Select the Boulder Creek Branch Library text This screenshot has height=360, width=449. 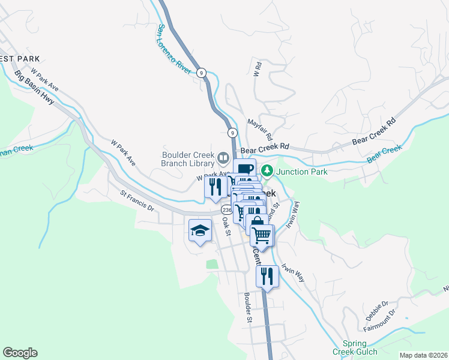click(188, 158)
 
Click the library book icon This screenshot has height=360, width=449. click(223, 158)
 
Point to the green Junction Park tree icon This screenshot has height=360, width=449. click(267, 172)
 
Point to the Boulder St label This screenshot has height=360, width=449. click(247, 307)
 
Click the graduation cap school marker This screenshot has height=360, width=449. click(200, 230)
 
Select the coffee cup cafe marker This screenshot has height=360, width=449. click(244, 169)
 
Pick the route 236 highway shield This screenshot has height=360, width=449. click(226, 210)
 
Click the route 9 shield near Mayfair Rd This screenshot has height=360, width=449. click(232, 133)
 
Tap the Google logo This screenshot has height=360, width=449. click(20, 353)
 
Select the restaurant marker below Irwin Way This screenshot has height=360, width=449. click(267, 275)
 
